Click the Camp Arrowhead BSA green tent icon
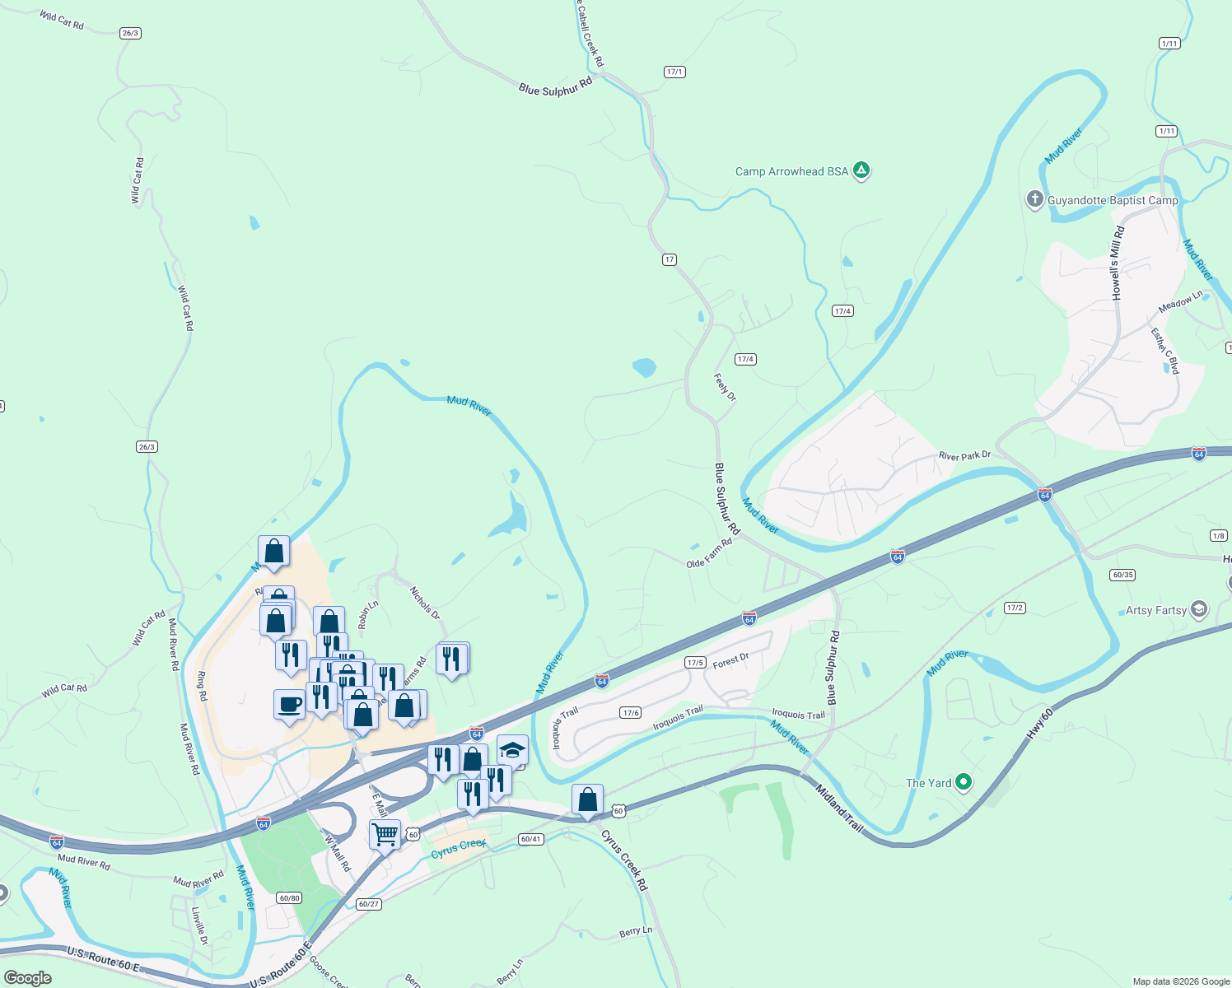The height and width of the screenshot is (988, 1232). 861,170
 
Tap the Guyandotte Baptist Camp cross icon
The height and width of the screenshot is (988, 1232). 1034,199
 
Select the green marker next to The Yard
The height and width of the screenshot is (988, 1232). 964,782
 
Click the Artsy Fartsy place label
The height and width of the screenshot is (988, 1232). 1156,610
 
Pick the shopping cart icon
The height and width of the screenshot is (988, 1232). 385,835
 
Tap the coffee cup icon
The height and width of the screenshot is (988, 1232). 289,705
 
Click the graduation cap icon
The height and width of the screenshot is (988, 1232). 512,750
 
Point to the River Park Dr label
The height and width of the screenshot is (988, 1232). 964,455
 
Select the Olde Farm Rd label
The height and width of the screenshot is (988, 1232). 709,553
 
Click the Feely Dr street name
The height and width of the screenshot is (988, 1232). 725,386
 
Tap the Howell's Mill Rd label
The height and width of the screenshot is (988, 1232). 1118,263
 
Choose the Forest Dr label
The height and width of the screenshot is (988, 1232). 730,660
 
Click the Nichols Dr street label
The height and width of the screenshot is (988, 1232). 425,603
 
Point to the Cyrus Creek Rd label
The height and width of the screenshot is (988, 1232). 625,860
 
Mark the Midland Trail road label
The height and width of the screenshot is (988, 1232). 840,809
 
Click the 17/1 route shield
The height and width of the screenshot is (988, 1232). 674,72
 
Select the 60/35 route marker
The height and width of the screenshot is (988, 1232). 1122,575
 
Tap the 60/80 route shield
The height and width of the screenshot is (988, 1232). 289,897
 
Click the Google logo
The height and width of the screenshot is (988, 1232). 28,978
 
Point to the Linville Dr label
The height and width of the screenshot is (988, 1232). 198,926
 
